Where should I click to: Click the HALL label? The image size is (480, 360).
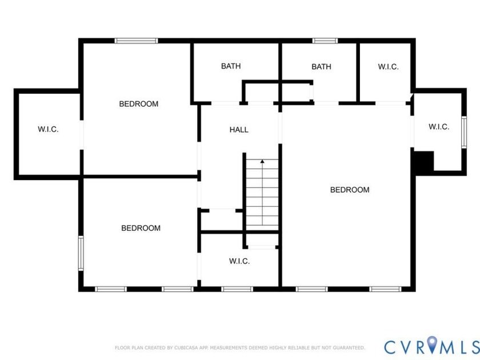point(239,130)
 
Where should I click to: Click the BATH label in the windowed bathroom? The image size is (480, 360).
point(321,67)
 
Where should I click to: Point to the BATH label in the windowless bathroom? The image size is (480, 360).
point(231,66)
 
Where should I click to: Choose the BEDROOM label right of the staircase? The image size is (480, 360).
point(350,190)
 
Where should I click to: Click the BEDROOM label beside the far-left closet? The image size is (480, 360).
point(138,104)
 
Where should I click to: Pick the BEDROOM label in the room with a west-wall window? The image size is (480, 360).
point(141,228)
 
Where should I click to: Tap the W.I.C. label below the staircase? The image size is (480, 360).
point(239,261)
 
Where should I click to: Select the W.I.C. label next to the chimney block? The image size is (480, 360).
point(439,127)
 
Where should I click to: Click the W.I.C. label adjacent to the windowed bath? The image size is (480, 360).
point(388,67)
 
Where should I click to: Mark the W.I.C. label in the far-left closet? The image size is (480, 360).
point(48,129)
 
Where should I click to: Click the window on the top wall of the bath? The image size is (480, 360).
point(325,41)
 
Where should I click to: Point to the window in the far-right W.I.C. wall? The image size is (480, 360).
point(464,133)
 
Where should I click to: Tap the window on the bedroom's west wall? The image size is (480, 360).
point(81,253)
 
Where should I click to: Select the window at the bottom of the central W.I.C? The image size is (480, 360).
point(237,289)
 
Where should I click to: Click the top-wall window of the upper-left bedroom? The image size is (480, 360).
point(136,41)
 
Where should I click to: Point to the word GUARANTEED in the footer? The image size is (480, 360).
point(347,347)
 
